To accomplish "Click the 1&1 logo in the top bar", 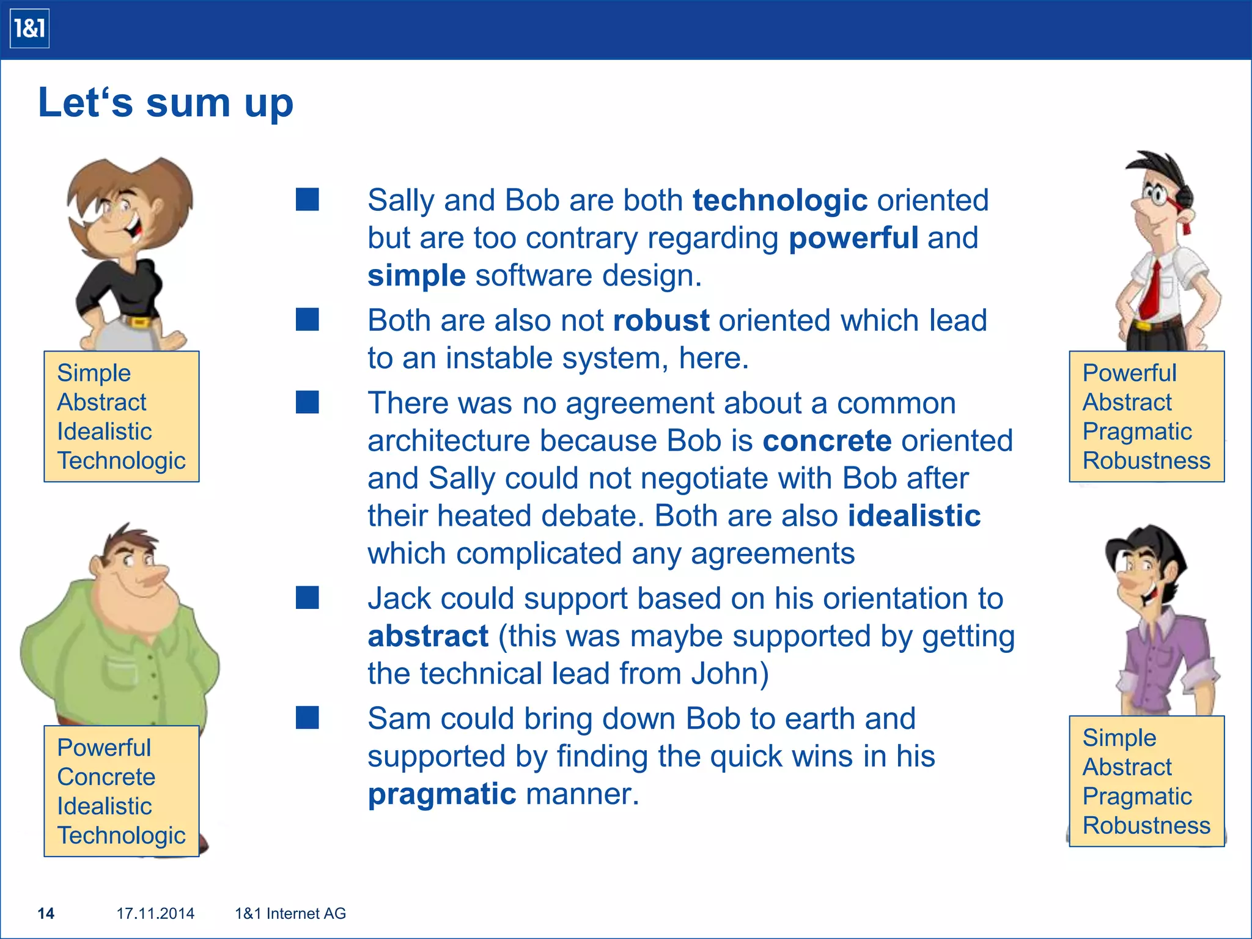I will click(x=29, y=29).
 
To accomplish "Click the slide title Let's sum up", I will click(x=165, y=102).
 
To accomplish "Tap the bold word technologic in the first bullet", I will click(x=779, y=201).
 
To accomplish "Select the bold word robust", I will click(x=661, y=320).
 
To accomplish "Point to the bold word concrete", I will click(x=827, y=441).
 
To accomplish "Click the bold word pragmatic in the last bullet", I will click(x=442, y=794).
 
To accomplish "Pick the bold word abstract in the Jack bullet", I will click(x=428, y=636).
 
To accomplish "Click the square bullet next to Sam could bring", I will click(x=307, y=718).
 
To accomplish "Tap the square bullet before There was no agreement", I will click(x=307, y=402).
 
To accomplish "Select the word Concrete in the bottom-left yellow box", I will click(x=106, y=777).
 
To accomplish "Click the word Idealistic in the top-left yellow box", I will click(x=104, y=432).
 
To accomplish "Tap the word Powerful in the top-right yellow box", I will click(x=1129, y=373).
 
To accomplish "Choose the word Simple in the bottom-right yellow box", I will click(x=1119, y=738).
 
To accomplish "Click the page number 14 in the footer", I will click(x=46, y=913).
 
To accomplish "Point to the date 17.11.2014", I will click(x=155, y=913).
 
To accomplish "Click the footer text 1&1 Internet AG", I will click(x=290, y=913).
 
